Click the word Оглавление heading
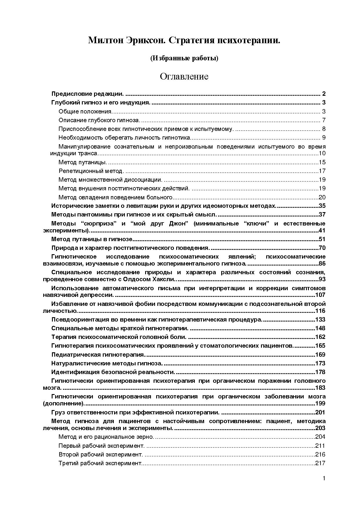click(x=184, y=77)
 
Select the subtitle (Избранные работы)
click(x=184, y=58)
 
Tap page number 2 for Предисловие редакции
click(x=323, y=94)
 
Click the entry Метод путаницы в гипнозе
click(x=92, y=239)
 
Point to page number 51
click(x=322, y=239)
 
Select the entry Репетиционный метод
click(x=91, y=171)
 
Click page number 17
click(x=322, y=171)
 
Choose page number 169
click(x=320, y=355)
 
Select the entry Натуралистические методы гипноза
click(x=107, y=363)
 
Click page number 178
click(x=320, y=372)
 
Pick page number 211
click(x=320, y=446)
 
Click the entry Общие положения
click(x=85, y=112)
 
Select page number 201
click(x=320, y=412)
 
